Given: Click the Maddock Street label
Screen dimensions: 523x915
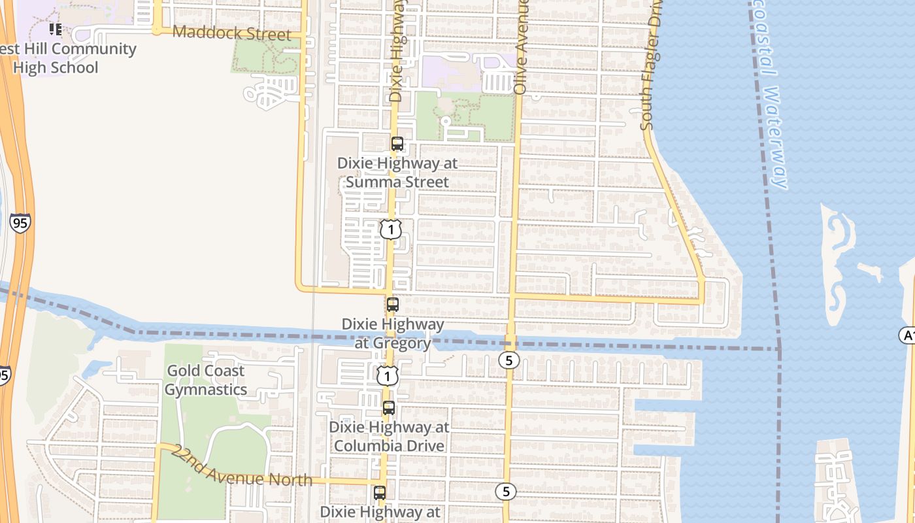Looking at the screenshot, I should click(231, 33).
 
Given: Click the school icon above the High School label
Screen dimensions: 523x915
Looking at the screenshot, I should click(56, 29).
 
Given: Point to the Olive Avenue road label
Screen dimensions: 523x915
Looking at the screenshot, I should click(521, 47).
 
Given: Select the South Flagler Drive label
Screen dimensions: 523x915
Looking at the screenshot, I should click(652, 65).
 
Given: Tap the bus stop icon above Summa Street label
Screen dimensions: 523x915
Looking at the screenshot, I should click(397, 144).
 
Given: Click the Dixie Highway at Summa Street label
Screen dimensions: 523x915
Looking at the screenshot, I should click(397, 172).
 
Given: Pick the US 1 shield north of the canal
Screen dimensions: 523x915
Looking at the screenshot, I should click(391, 229).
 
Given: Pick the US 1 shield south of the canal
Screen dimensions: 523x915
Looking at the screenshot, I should click(388, 376).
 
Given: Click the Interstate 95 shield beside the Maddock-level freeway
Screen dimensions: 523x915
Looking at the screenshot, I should click(20, 223).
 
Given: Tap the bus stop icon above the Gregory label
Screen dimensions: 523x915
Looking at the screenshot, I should click(393, 305).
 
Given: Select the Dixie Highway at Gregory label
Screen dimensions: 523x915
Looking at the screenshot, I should click(393, 333).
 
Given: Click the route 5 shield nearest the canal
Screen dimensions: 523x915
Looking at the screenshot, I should click(508, 360).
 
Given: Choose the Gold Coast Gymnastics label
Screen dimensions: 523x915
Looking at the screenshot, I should click(206, 380).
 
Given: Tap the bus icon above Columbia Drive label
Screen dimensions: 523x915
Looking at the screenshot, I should click(389, 408).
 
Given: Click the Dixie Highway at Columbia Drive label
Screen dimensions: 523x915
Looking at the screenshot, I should click(389, 436).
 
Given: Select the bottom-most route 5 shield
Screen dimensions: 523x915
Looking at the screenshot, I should click(505, 492).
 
